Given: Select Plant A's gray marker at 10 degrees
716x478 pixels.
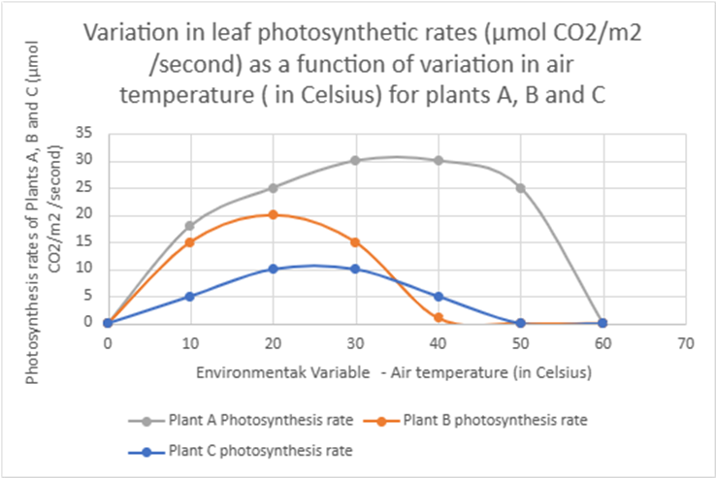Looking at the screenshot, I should [x=190, y=226].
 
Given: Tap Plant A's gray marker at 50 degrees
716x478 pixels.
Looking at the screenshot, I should [x=521, y=187].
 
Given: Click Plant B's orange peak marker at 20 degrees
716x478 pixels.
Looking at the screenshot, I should [x=273, y=214].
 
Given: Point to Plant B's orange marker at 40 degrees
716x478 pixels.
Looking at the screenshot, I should [x=439, y=317].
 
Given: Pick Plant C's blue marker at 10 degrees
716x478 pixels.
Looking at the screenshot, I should [x=190, y=296].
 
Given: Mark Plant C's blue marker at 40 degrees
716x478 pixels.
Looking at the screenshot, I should [x=439, y=296].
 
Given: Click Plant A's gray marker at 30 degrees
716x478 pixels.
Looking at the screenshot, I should [x=355, y=160].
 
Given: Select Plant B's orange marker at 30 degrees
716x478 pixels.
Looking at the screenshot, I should [x=355, y=241].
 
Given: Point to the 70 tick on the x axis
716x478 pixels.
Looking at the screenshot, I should [x=686, y=342].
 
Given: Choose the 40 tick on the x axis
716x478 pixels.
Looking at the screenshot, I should [x=439, y=342].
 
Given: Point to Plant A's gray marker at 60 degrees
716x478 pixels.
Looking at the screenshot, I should [x=603, y=323].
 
